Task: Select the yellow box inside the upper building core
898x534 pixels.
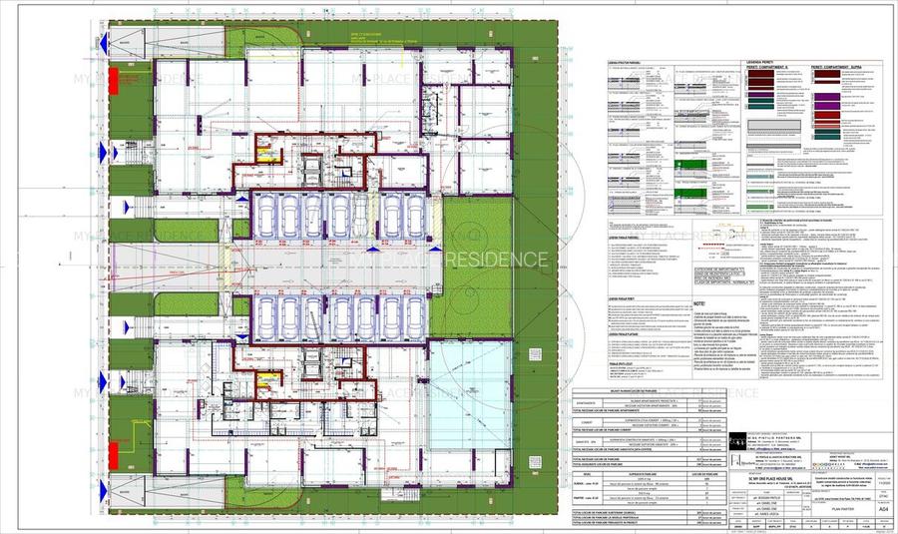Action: [x=265, y=153]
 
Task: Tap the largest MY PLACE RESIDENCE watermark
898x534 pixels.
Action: [x=449, y=261]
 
